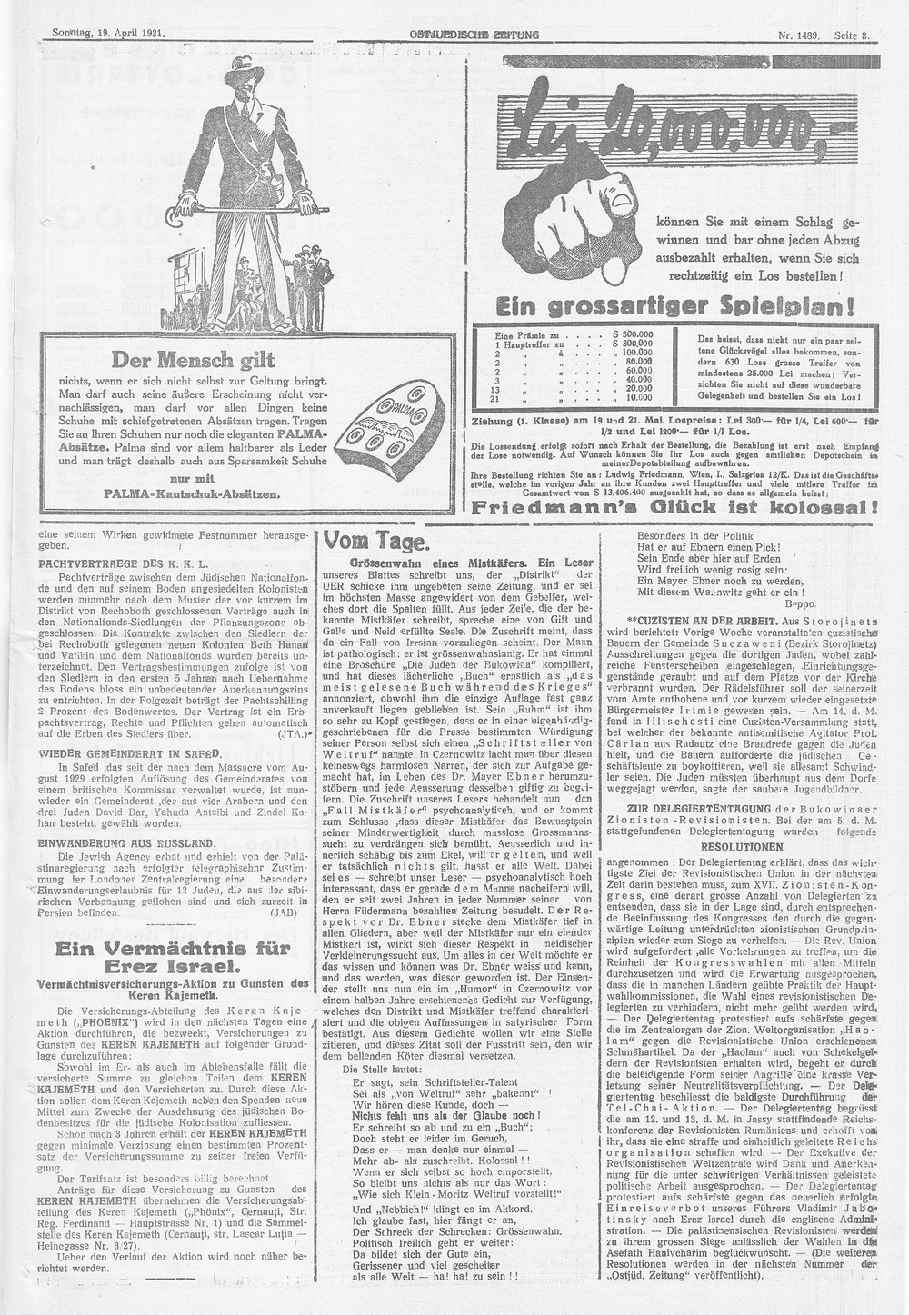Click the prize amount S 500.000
(634, 335)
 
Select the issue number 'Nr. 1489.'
(799, 35)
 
